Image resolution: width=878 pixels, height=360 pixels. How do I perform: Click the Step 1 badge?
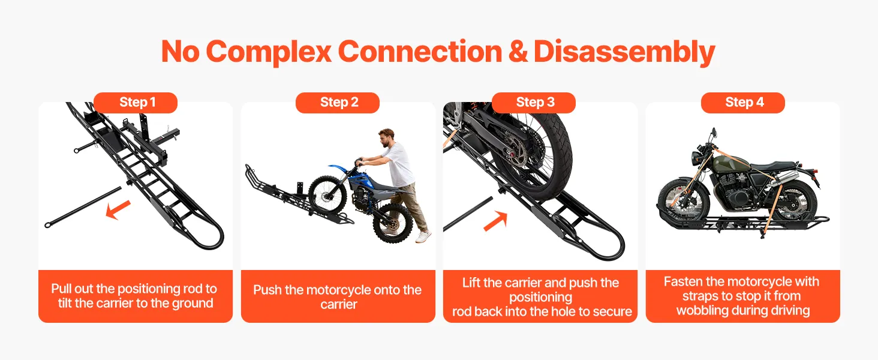(x=136, y=103)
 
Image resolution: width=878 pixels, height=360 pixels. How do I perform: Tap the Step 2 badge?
(x=338, y=103)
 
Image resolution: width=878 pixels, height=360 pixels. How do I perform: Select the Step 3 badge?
(x=534, y=103)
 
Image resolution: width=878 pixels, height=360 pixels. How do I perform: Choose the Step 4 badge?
(x=743, y=103)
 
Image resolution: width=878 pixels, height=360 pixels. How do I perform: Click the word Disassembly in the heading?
(x=624, y=52)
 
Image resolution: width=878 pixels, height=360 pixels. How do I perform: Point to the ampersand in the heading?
(x=518, y=52)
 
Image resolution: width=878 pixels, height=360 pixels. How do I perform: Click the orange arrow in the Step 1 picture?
(x=118, y=209)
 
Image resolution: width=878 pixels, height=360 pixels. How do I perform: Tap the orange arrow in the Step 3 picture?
(x=495, y=221)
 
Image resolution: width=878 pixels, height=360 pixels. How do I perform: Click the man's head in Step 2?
(x=386, y=138)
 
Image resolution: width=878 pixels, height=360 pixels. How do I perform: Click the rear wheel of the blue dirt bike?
(x=393, y=223)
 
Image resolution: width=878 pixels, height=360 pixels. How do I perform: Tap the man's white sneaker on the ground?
(x=423, y=236)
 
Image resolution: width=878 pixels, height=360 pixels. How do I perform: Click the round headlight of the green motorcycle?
(x=696, y=158)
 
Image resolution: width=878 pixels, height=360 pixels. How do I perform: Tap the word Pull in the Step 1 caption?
(x=61, y=289)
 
